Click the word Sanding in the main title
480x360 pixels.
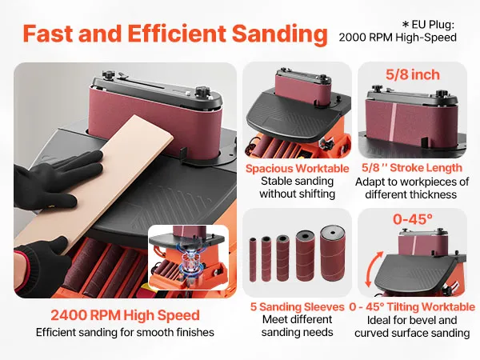(x=279, y=34)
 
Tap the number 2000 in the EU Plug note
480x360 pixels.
(x=352, y=38)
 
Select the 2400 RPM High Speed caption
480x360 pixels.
(x=126, y=315)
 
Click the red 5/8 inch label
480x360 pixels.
(x=412, y=74)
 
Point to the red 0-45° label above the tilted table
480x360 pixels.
(x=413, y=219)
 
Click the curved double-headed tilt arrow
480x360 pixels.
(x=374, y=269)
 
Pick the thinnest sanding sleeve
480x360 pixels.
(x=253, y=259)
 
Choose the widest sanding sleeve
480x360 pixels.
(x=333, y=253)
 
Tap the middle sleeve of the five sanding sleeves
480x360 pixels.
(x=282, y=258)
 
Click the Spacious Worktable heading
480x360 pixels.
(x=298, y=169)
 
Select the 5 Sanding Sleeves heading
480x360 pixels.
(x=298, y=306)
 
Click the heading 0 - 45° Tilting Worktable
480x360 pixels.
(x=412, y=306)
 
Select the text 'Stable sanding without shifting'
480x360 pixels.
(x=298, y=187)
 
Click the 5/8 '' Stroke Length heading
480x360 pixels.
(x=412, y=168)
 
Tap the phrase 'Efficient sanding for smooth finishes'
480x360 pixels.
(x=125, y=332)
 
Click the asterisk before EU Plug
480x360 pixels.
(x=406, y=24)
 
